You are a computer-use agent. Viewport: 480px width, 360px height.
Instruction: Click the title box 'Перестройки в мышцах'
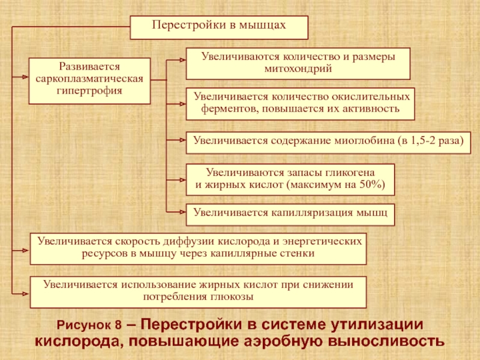point(219,28)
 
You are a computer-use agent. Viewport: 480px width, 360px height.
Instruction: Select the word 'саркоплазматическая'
point(89,79)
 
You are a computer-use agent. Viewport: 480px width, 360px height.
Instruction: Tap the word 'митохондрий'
point(298,68)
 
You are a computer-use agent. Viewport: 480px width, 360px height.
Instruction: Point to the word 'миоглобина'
point(364,140)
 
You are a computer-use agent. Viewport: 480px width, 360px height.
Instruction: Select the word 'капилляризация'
point(312,213)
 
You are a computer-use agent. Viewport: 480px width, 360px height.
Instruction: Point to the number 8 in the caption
point(118,325)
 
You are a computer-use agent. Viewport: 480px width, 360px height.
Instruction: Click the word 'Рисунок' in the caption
point(84,325)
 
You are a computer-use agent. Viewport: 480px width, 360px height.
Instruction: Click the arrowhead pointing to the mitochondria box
point(182,60)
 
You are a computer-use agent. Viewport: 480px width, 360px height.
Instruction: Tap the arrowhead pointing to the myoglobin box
point(182,140)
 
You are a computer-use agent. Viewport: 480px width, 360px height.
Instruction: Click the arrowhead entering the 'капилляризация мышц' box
point(182,212)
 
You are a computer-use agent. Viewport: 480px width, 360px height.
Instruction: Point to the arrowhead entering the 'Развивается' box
point(25,77)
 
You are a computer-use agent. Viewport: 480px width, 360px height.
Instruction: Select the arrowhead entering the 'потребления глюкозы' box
point(26,294)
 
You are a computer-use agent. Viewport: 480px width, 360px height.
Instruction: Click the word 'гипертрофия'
point(89,91)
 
